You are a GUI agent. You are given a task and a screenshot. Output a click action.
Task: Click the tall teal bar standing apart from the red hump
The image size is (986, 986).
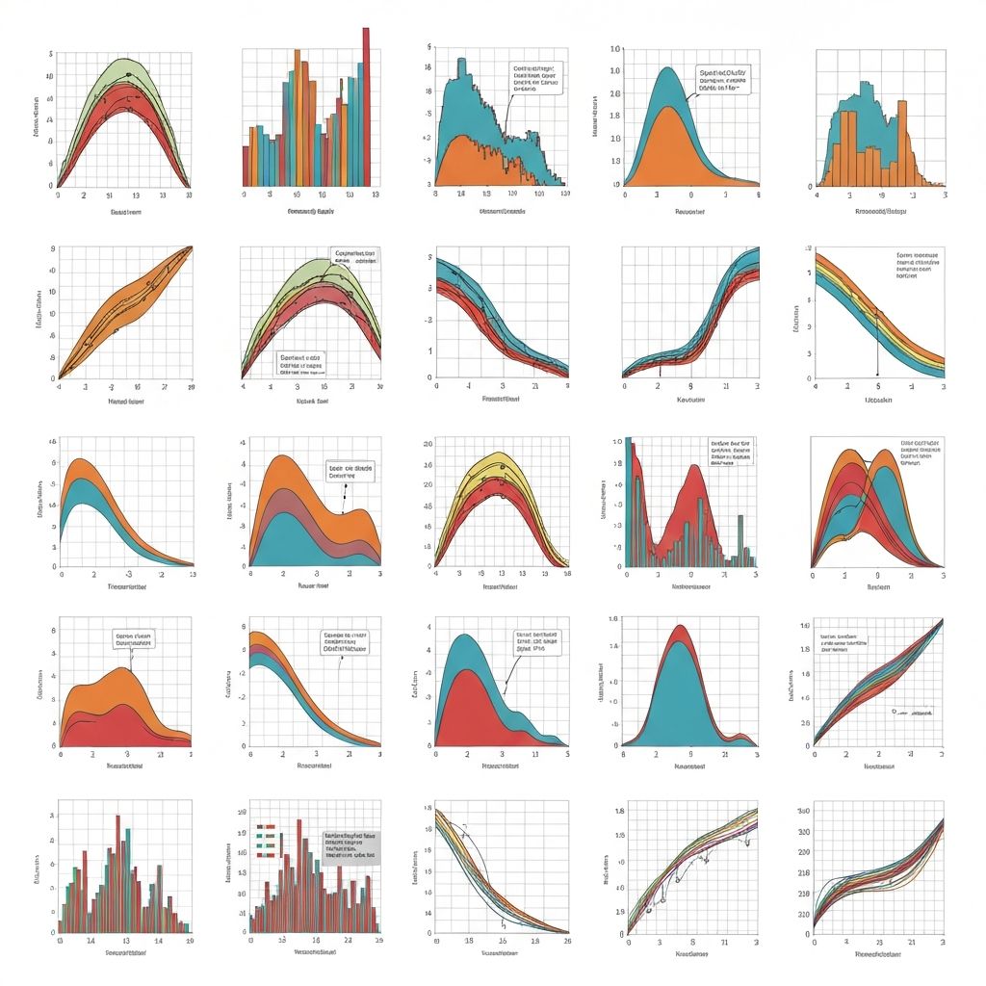(x=739, y=540)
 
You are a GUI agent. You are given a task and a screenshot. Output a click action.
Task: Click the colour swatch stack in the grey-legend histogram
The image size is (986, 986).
(x=267, y=840)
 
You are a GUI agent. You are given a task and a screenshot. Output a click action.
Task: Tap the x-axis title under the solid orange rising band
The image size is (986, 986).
(x=125, y=402)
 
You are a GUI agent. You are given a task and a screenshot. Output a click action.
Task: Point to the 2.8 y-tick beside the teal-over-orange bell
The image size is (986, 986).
(x=615, y=94)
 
